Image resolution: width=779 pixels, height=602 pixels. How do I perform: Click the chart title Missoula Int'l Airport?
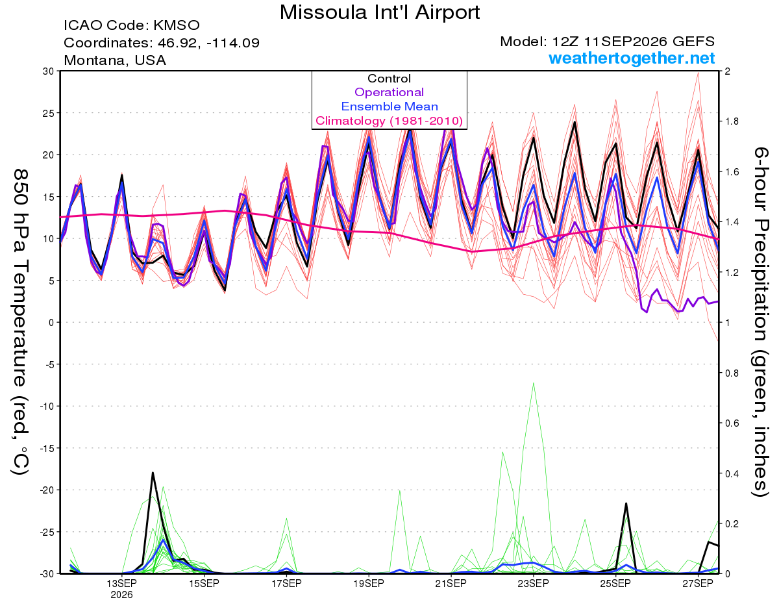(379, 12)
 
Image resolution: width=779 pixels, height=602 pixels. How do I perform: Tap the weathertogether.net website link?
(632, 58)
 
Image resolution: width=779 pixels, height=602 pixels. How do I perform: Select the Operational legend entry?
(389, 92)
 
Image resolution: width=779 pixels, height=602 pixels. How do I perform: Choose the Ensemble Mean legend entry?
(389, 107)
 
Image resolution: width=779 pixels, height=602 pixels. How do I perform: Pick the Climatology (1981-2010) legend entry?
(389, 121)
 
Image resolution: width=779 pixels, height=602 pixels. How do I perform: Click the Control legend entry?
(389, 79)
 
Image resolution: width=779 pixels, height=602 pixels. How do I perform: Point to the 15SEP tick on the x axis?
(204, 584)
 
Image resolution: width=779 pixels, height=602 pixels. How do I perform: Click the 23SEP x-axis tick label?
(533, 584)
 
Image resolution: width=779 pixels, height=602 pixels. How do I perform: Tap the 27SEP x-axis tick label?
(698, 584)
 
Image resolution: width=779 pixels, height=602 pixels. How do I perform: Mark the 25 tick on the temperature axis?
(49, 113)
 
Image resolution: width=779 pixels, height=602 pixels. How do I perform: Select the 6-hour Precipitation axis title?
(760, 321)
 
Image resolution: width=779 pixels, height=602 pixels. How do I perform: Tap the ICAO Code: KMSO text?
(132, 25)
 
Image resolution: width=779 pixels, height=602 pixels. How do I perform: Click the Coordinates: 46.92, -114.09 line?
(162, 43)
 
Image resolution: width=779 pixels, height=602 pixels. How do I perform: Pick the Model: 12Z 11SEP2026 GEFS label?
(607, 42)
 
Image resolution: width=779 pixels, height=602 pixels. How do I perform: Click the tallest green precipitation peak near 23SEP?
(534, 383)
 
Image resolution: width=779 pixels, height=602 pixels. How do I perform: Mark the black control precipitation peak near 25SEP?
(626, 504)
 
